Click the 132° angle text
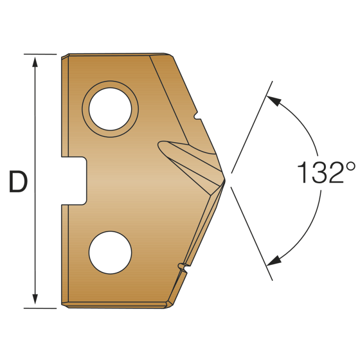point(320,173)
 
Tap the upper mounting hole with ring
point(110,109)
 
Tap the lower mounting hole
point(110,252)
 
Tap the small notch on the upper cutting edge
point(197,117)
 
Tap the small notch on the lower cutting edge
point(182,267)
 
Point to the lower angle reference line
point(252,234)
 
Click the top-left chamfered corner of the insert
point(65,56)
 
